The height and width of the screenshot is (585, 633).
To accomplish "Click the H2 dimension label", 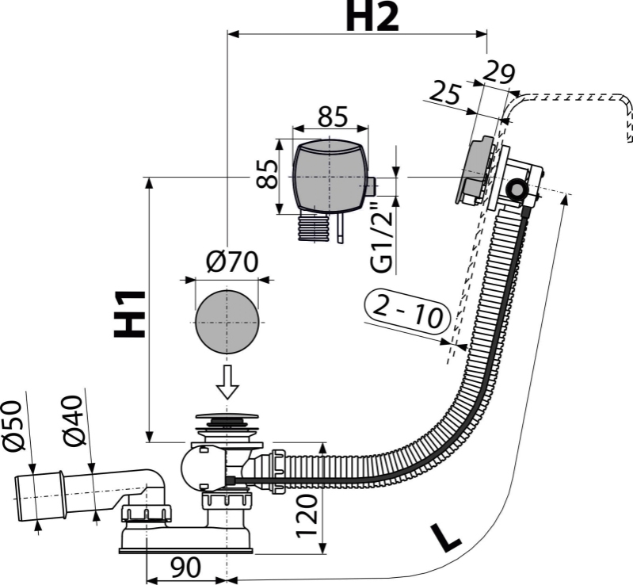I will coord(372,17).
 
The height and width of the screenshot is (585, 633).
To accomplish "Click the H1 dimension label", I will coord(129,314).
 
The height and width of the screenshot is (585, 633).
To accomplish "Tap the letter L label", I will coord(446,538).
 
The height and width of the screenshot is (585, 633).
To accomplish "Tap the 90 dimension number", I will coord(185,568).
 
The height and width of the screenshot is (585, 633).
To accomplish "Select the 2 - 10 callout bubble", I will coord(407,312).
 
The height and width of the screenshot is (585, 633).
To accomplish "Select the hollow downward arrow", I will coord(227,381).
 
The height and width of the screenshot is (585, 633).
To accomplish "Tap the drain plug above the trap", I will coord(227,417).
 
